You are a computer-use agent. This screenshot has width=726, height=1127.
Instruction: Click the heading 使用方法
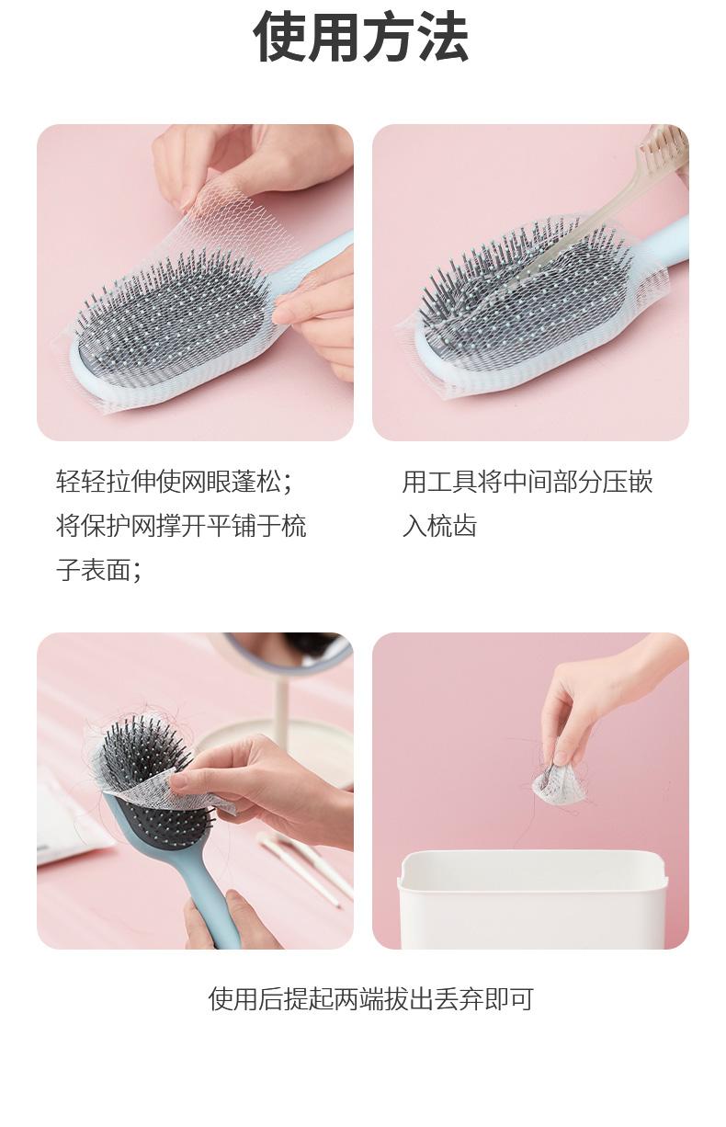[x=361, y=38]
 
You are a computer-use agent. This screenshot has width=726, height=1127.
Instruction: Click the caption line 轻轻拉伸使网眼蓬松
[x=174, y=482]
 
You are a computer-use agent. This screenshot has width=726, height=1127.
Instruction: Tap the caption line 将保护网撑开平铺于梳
[x=181, y=526]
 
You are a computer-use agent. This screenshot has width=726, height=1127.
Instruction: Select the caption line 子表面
[x=99, y=571]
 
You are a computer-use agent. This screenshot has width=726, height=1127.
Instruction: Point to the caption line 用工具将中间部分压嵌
[x=527, y=482]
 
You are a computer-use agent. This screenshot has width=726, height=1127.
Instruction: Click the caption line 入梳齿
[x=439, y=526]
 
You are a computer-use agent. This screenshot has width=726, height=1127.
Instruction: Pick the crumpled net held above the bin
[x=560, y=785]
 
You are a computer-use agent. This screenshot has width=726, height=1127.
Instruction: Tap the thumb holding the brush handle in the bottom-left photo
[x=241, y=910]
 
